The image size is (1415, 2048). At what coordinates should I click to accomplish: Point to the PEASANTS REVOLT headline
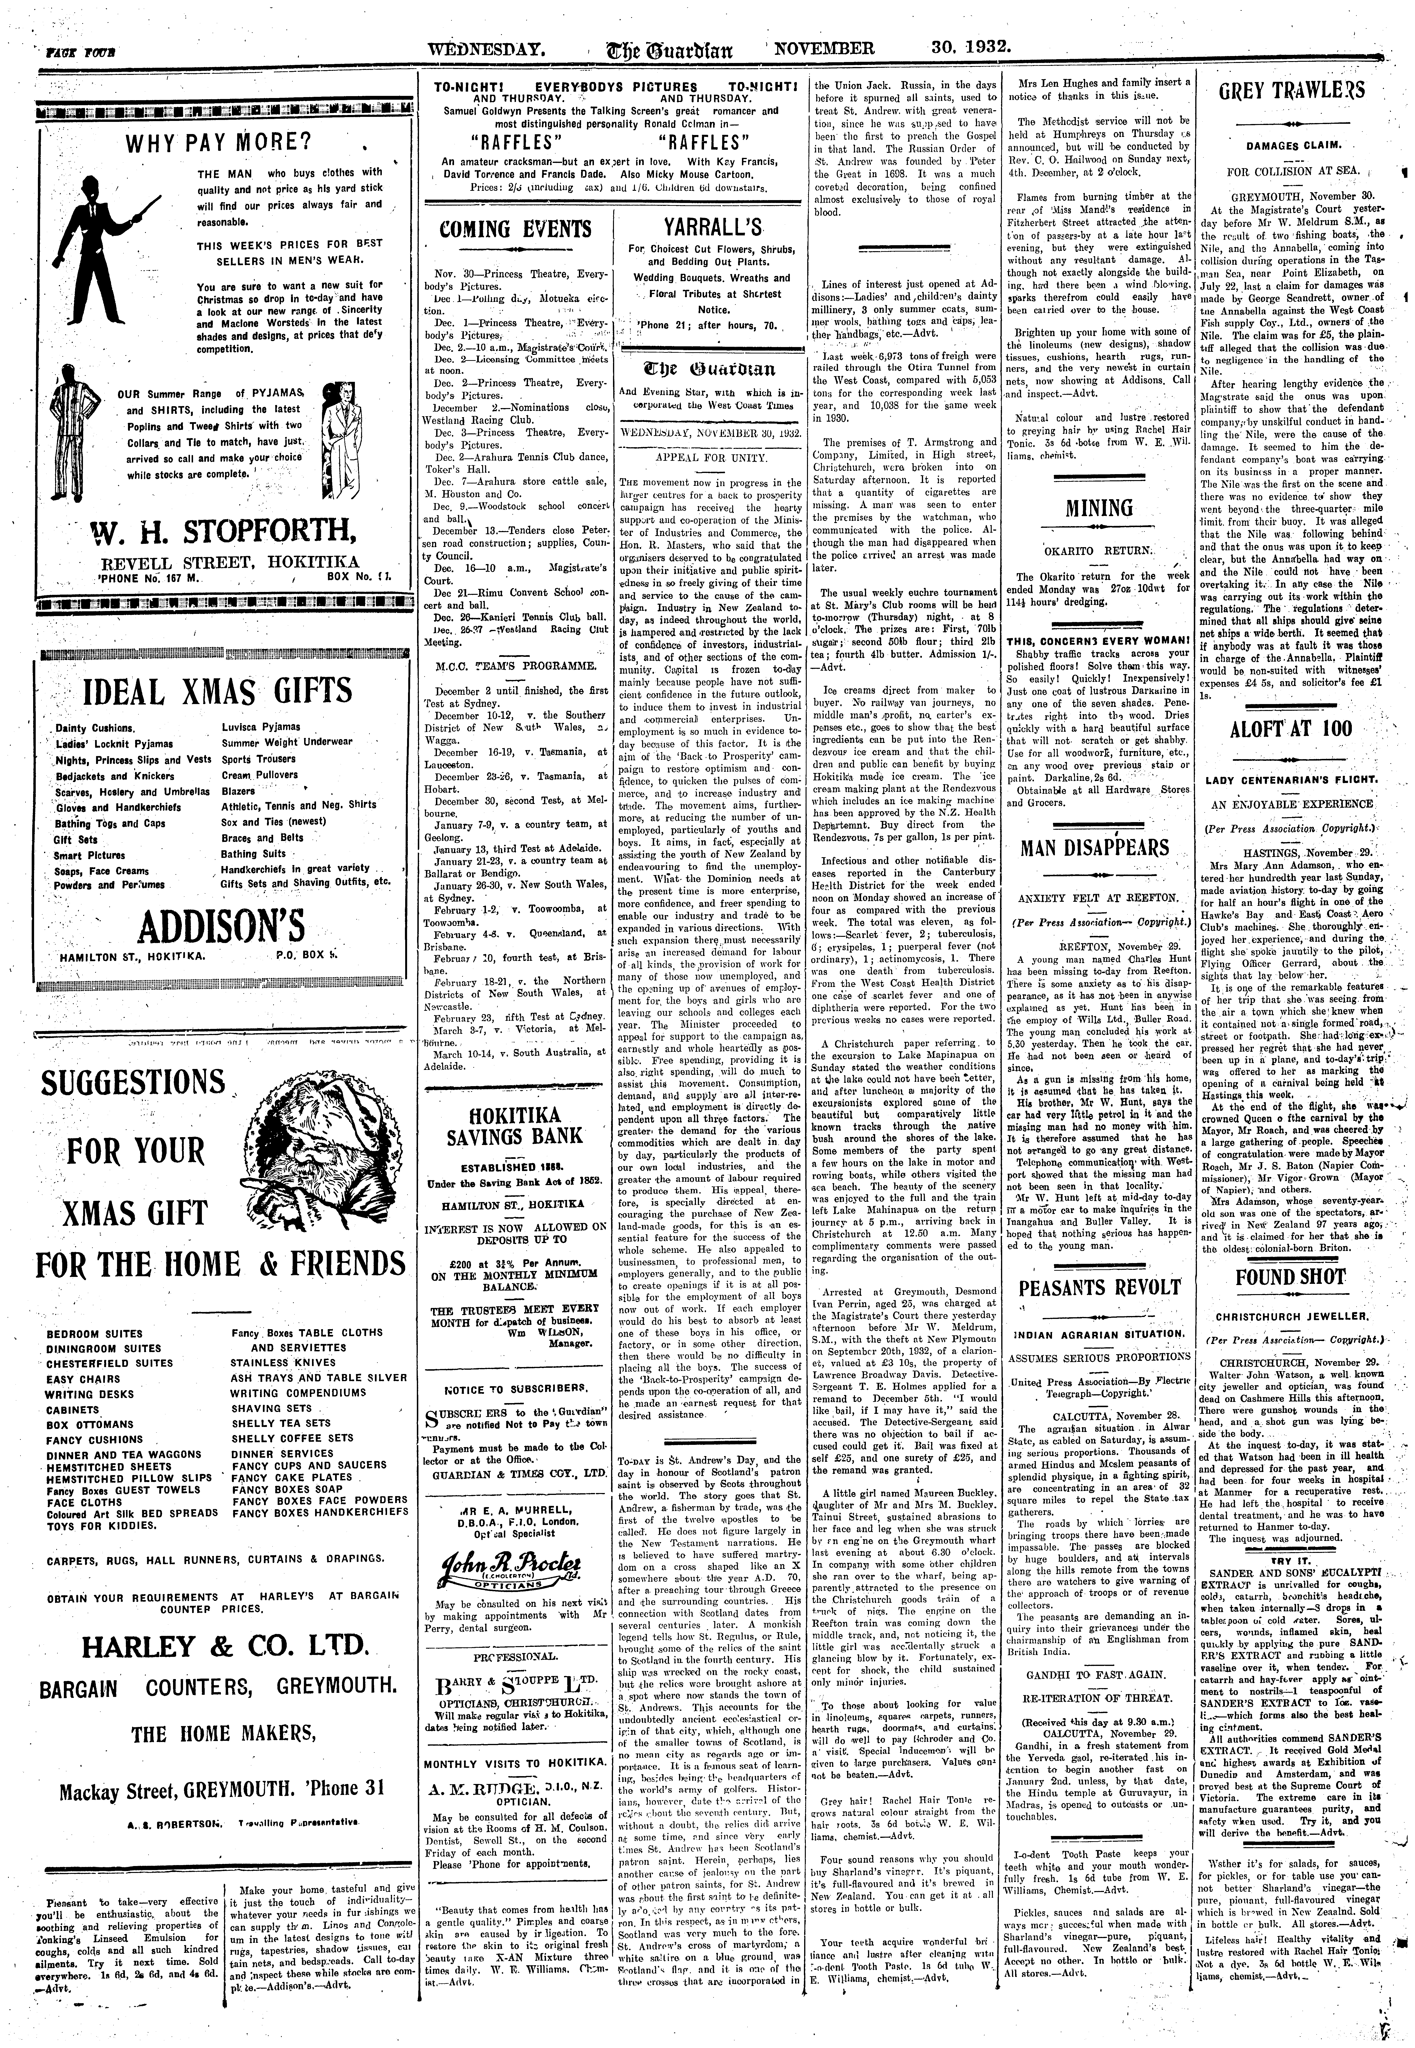click(x=1099, y=1288)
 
